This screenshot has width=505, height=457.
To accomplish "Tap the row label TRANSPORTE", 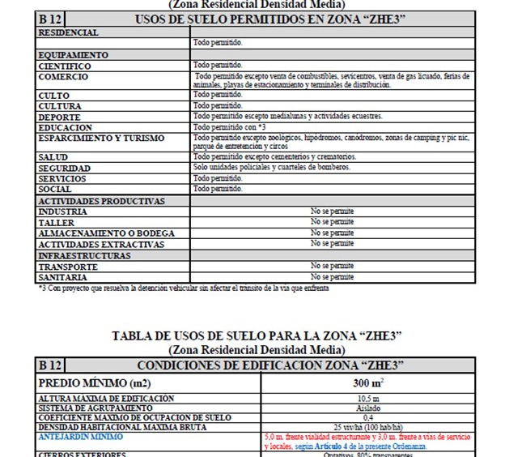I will click(68, 267).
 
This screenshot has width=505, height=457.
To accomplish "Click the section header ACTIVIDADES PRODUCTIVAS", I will click(101, 201).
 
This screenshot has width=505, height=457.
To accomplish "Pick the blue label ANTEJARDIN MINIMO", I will click(81, 437).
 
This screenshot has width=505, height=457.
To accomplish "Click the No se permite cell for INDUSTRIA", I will click(332, 211).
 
